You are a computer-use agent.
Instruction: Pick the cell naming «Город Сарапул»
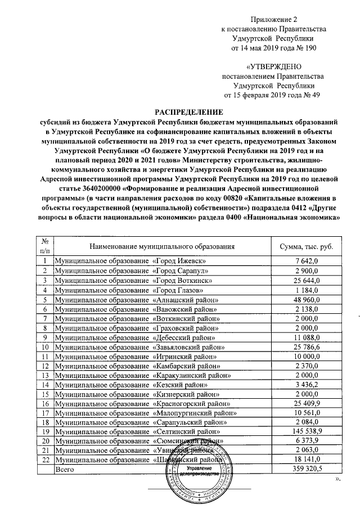tap(134, 271)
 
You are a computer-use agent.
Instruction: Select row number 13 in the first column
tap(45, 376)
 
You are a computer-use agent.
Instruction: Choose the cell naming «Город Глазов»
tap(132, 290)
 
